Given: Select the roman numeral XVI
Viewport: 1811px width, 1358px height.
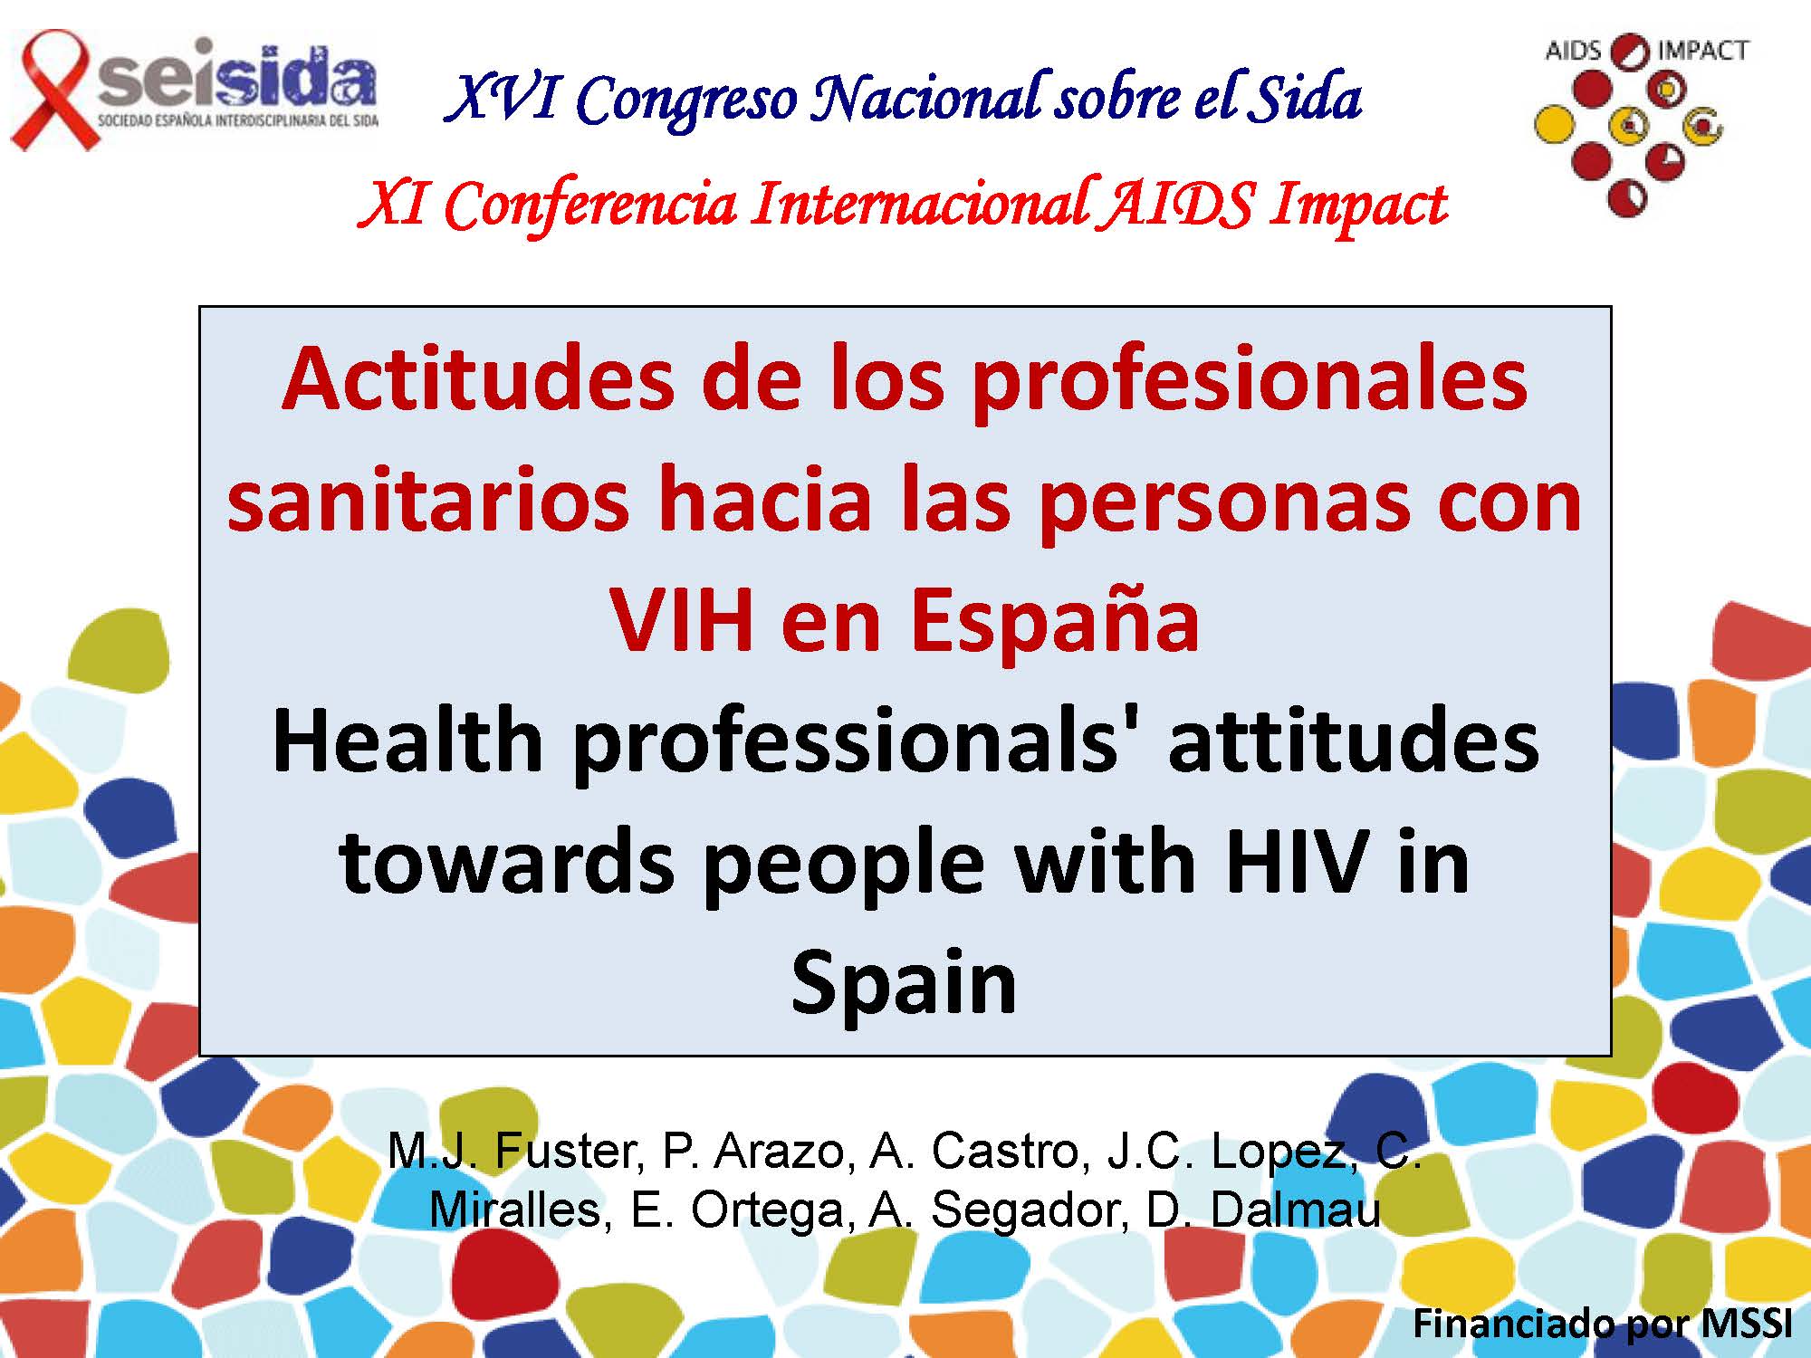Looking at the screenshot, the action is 503,97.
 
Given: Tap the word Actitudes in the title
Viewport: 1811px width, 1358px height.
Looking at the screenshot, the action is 478,379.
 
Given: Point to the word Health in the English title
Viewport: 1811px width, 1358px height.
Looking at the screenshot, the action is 407,741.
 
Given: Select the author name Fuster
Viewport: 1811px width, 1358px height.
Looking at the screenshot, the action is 569,1152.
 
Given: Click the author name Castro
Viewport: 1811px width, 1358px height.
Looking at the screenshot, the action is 1005,1152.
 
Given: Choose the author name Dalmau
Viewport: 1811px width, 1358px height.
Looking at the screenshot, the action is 1296,1210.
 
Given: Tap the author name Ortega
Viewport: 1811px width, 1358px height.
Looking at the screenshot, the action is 769,1211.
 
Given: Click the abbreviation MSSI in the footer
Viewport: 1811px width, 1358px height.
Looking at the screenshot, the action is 1746,1324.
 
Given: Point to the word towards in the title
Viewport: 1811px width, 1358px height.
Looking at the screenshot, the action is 507,863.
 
